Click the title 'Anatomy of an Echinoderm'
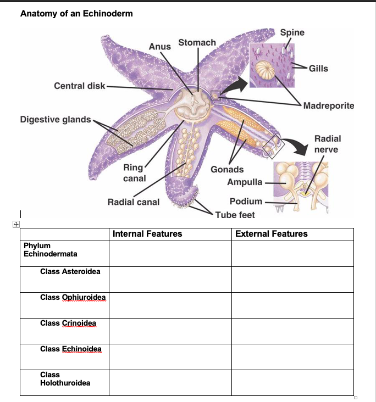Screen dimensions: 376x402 76,13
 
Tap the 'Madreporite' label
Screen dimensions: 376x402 329,105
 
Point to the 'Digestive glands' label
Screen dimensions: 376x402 55,119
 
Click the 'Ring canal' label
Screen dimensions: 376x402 134,172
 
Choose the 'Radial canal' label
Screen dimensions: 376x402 134,202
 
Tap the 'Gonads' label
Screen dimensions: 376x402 227,169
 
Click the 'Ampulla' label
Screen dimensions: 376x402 245,182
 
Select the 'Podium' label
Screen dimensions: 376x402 246,202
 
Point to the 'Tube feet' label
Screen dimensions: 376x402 235,215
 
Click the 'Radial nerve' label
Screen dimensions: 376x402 328,144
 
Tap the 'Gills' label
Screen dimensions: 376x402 318,68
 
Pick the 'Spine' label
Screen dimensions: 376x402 292,32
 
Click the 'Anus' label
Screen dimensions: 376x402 160,47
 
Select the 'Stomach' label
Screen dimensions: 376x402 197,42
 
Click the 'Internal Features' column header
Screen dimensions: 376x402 147,234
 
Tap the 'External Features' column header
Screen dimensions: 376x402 272,234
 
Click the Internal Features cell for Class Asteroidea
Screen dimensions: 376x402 170,280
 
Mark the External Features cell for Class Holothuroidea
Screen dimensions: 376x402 292,383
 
